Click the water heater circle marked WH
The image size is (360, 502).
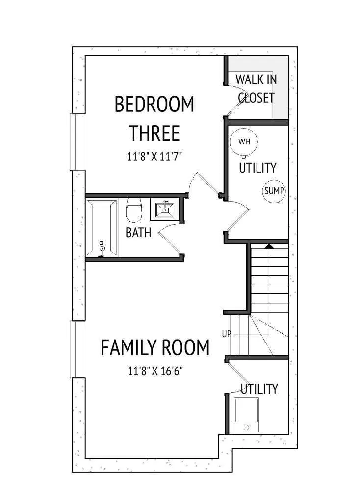point(244,141)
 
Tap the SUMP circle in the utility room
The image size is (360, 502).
point(274,191)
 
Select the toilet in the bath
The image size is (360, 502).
point(134,210)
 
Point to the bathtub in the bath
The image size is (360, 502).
point(102,228)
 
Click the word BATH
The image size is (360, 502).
point(138,233)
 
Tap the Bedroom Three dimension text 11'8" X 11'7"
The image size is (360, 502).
point(154,157)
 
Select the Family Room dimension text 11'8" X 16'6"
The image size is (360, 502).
point(155,371)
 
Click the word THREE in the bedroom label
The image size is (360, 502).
point(154,133)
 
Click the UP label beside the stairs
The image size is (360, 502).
point(226,334)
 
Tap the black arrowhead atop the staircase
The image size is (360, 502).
point(269,246)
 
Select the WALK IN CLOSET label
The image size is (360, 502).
point(256,88)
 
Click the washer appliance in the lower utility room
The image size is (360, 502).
point(246,415)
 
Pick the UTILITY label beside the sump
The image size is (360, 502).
point(257,168)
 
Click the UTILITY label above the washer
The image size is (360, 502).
point(259,389)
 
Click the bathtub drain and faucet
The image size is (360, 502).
point(102,248)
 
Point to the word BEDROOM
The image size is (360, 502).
point(154,104)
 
